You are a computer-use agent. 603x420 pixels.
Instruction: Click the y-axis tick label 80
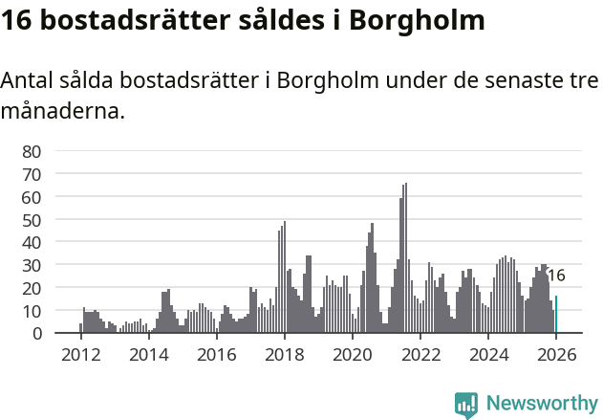[x=32, y=151]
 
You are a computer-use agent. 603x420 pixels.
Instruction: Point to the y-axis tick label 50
[x=32, y=219]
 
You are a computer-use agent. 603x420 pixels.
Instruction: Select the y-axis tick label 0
[x=37, y=334]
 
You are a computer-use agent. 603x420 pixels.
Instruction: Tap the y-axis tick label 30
[x=32, y=265]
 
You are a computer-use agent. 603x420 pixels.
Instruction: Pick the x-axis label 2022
[x=420, y=355]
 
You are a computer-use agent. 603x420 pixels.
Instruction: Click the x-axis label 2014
[x=148, y=355]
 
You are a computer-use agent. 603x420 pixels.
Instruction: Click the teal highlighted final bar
[x=556, y=316]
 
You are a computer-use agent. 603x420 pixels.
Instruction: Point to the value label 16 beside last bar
[x=556, y=276]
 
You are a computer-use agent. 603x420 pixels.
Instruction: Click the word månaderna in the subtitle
[x=63, y=111]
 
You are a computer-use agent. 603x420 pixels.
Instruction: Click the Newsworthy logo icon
[x=466, y=404]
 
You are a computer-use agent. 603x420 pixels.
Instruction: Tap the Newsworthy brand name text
[x=542, y=404]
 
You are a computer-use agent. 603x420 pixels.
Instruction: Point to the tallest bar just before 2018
[x=285, y=277]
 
